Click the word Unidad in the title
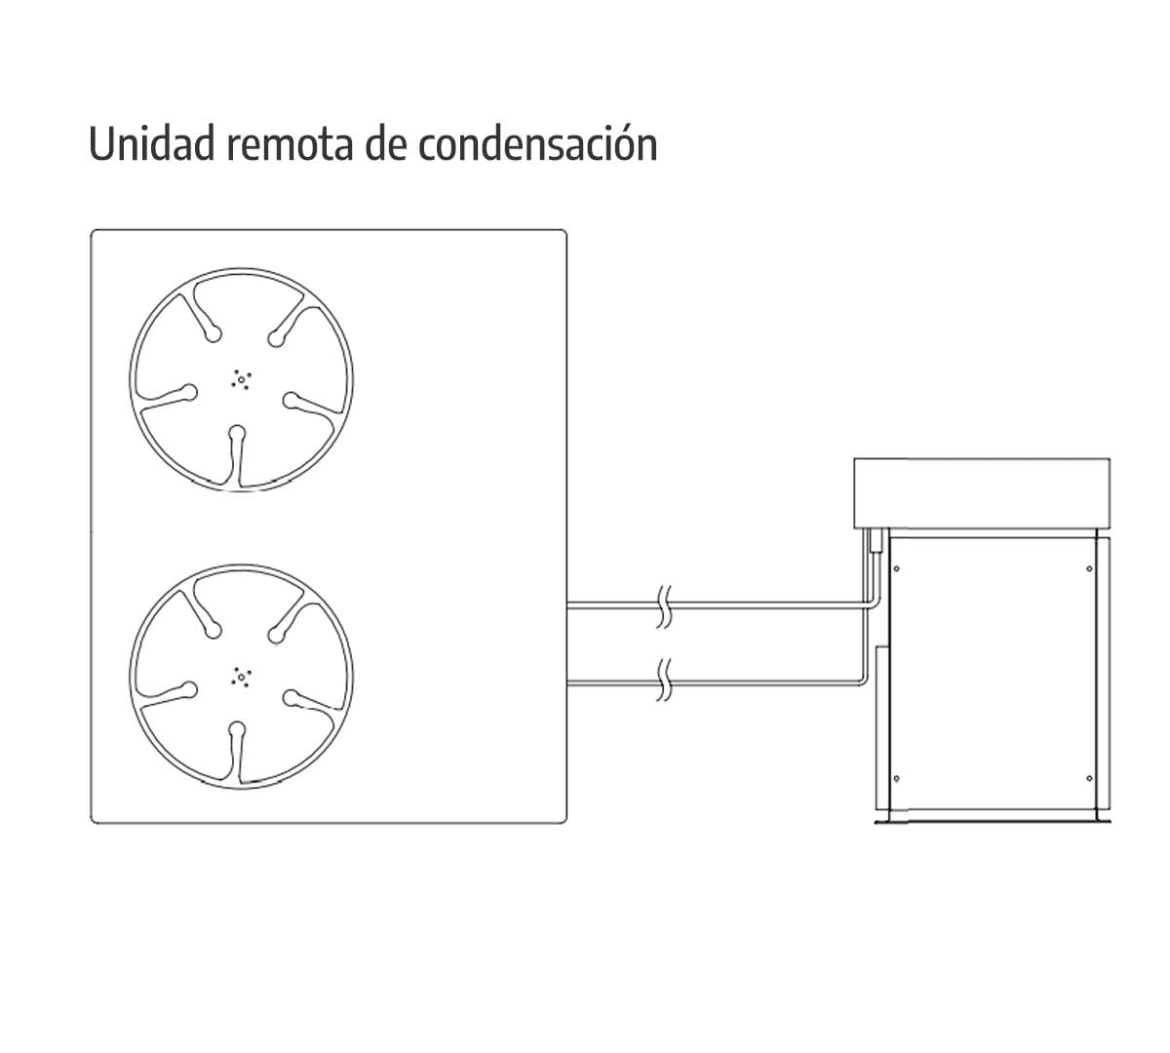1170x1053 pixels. point(152,143)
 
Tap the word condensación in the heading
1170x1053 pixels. point(538,143)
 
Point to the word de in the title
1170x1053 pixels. point(385,143)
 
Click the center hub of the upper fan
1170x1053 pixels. point(241,380)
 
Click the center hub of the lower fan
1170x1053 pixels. point(241,677)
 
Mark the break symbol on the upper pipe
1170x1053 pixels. point(664,606)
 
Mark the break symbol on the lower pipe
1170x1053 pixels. point(664,680)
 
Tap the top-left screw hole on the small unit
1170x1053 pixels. point(896,568)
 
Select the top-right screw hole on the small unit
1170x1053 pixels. point(1089,568)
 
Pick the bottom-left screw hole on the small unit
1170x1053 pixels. point(896,778)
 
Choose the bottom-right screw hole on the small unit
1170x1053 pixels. point(1089,778)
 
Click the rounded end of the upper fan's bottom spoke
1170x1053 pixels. point(237,433)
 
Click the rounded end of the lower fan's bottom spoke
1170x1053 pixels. point(237,730)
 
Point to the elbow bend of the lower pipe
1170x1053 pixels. point(863,681)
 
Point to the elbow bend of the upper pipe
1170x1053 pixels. point(874,604)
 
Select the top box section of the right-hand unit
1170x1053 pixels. point(982,493)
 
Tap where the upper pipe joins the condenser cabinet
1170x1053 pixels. point(567,605)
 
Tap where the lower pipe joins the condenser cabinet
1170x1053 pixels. point(567,681)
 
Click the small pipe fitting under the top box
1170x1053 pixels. point(874,540)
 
